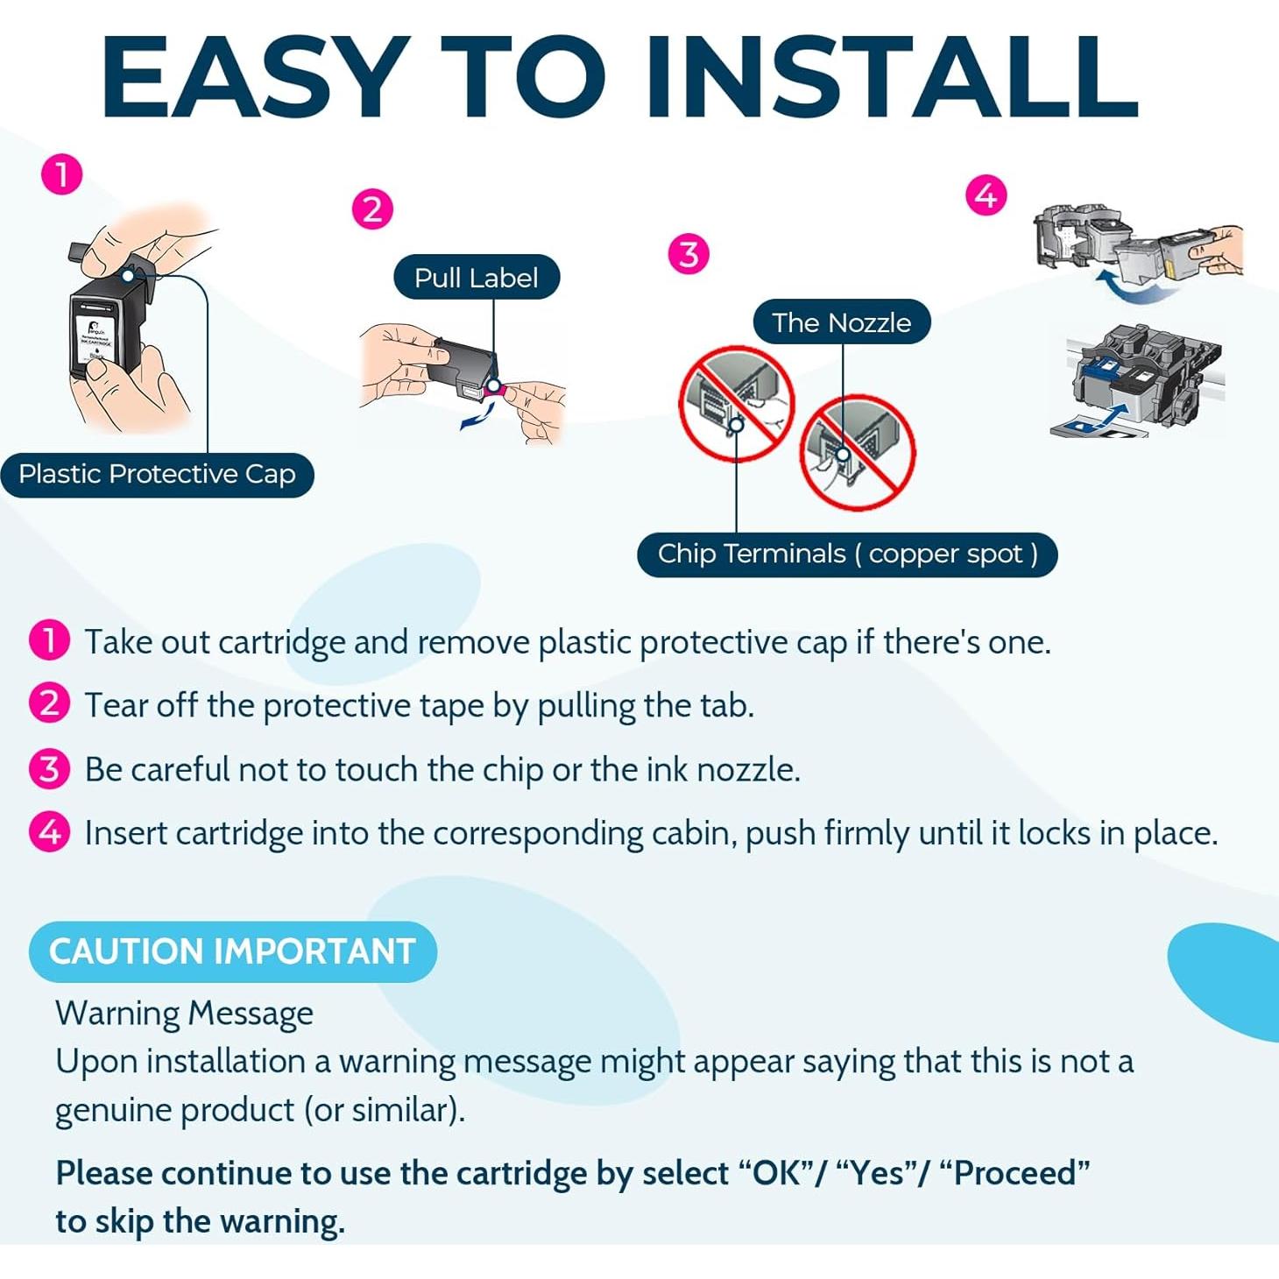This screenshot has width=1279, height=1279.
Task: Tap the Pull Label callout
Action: tap(477, 278)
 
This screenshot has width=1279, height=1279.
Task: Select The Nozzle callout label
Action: tap(842, 322)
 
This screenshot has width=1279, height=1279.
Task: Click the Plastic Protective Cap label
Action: tap(158, 475)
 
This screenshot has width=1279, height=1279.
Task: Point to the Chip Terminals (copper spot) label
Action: tap(848, 555)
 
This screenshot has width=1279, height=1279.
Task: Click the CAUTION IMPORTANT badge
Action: tap(232, 951)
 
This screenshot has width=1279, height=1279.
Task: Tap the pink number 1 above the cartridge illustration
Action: tap(61, 175)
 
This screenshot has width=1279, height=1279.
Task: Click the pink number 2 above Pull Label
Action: tap(372, 209)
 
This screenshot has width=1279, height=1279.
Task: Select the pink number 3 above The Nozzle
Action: tap(689, 254)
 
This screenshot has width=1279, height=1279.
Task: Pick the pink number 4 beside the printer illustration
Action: tap(986, 196)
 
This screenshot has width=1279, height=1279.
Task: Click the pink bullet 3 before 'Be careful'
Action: tap(49, 770)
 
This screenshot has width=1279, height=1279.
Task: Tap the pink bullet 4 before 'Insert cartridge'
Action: tap(49, 832)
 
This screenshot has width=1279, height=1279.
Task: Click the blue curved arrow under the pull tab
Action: tap(479, 418)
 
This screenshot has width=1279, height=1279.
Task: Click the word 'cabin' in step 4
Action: tap(695, 834)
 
